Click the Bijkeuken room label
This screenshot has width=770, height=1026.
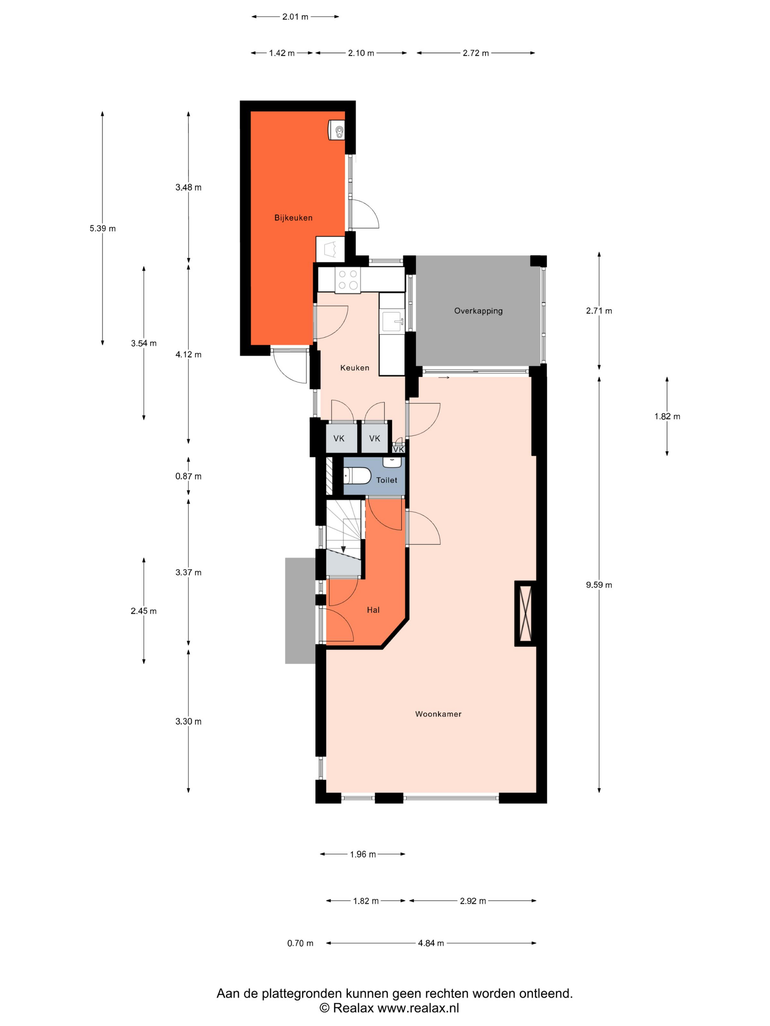[293, 218]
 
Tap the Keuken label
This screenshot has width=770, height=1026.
[355, 368]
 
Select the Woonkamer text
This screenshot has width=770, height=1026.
[438, 714]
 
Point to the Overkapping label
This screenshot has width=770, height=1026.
[478, 311]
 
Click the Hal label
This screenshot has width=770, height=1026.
[373, 610]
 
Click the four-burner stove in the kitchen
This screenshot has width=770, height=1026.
[348, 280]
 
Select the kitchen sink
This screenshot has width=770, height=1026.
[393, 321]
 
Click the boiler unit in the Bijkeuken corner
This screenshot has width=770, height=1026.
[337, 129]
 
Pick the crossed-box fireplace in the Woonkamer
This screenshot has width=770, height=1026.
[525, 613]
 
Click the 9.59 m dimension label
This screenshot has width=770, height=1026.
[599, 585]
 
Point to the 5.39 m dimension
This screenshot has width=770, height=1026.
[103, 228]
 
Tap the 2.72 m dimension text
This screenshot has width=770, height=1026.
[476, 53]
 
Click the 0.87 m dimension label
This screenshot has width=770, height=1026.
[188, 476]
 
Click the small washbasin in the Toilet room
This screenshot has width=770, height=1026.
[392, 462]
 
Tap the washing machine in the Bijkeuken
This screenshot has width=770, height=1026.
[330, 250]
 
